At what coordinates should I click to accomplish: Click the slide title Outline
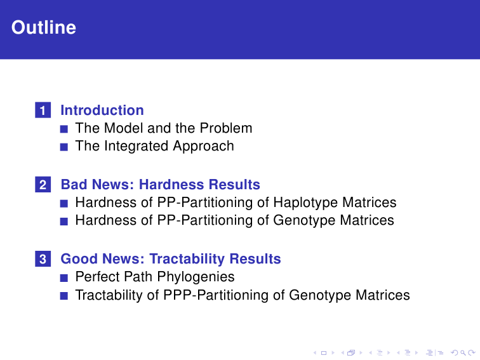[44, 27]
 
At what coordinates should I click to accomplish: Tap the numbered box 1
[43, 110]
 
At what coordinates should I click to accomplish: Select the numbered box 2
[43, 185]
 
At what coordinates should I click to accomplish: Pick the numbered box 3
[43, 258]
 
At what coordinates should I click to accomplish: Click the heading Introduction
[102, 110]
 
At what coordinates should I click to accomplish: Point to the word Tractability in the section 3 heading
[187, 259]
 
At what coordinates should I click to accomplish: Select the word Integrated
[137, 146]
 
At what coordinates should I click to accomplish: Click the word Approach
[203, 146]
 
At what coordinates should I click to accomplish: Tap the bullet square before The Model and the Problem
[64, 129]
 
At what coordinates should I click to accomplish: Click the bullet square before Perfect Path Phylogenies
[64, 278]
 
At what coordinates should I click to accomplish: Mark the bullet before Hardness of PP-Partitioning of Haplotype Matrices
[64, 204]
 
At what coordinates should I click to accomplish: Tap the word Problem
[226, 128]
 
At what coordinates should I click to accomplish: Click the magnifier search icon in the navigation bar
[463, 353]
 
